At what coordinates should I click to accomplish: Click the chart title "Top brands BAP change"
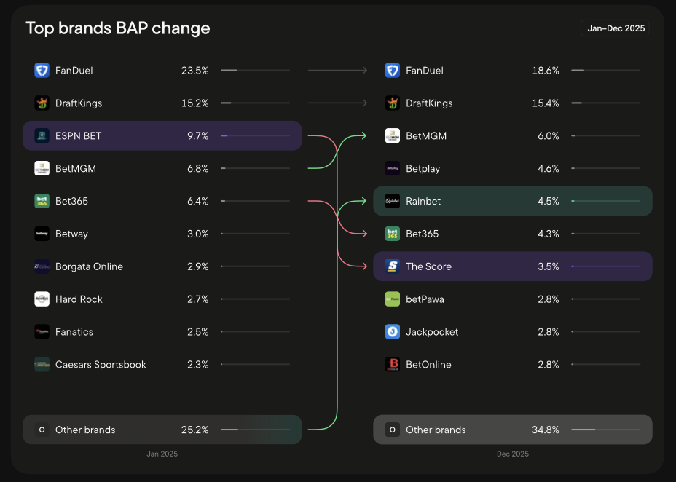pyautogui.click(x=118, y=28)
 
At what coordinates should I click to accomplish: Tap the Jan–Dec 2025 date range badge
pyautogui.click(x=615, y=28)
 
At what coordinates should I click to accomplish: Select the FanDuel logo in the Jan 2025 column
pyautogui.click(x=42, y=71)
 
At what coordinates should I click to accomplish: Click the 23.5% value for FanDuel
pyautogui.click(x=195, y=71)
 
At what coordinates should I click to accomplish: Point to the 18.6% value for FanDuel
pyautogui.click(x=546, y=71)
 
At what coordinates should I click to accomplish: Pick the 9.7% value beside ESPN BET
pyautogui.click(x=197, y=135)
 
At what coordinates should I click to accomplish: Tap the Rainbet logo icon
pyautogui.click(x=393, y=201)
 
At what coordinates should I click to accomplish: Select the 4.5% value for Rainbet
pyautogui.click(x=549, y=201)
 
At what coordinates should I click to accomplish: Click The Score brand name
pyautogui.click(x=428, y=266)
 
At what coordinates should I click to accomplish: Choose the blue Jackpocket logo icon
pyautogui.click(x=393, y=332)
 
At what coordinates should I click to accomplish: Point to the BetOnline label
pyautogui.click(x=428, y=364)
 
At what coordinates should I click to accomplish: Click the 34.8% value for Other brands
pyautogui.click(x=546, y=430)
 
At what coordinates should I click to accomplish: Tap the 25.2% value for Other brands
pyautogui.click(x=195, y=430)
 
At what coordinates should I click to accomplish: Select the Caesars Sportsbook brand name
pyautogui.click(x=101, y=364)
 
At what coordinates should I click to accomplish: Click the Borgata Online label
pyautogui.click(x=89, y=266)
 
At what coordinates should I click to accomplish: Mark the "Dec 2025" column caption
pyautogui.click(x=513, y=454)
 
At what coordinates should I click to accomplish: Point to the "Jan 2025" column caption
pyautogui.click(x=162, y=454)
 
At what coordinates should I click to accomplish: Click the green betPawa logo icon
pyautogui.click(x=393, y=299)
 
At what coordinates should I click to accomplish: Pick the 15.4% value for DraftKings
pyautogui.click(x=546, y=103)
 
